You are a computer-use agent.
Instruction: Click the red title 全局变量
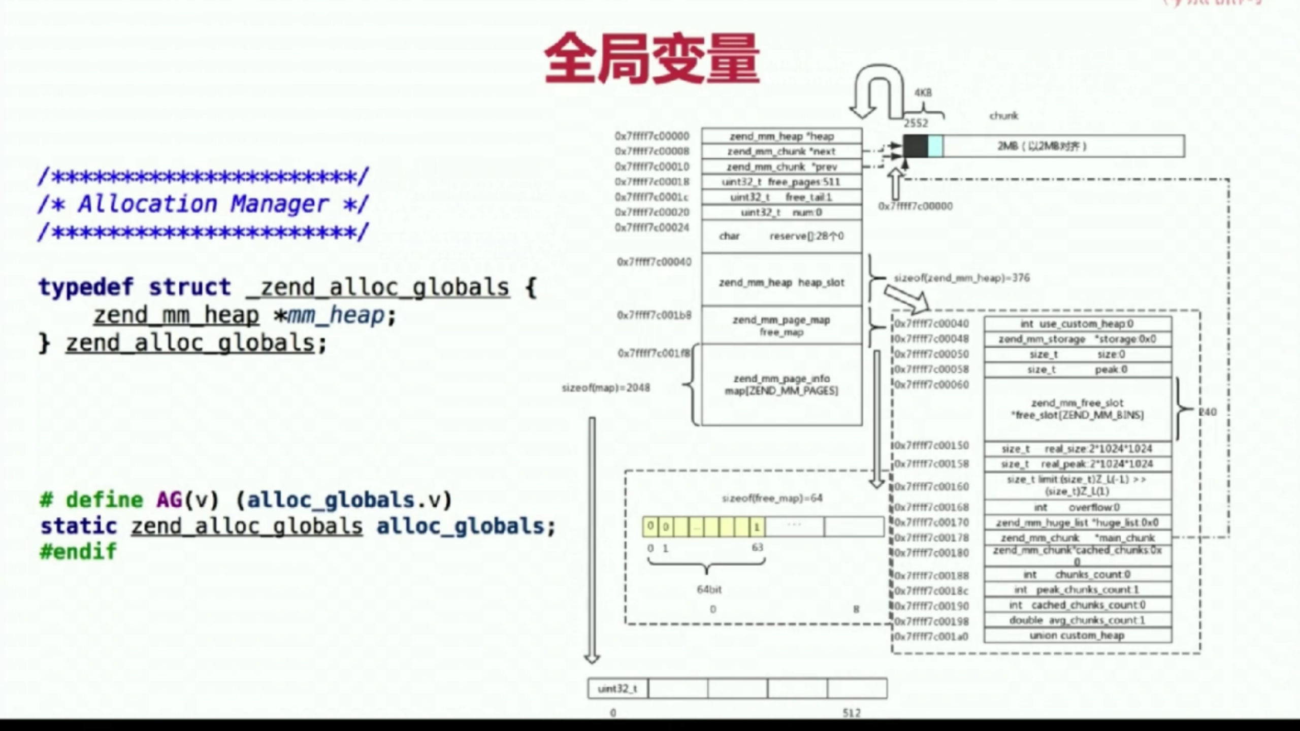(x=652, y=58)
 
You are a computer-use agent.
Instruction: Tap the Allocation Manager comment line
(x=203, y=204)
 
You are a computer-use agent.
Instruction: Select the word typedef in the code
(x=86, y=287)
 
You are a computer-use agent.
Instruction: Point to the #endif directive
(x=79, y=551)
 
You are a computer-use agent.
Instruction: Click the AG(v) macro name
(x=169, y=500)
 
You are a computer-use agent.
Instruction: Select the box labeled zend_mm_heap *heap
(x=782, y=136)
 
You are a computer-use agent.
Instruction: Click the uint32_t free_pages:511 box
(x=782, y=182)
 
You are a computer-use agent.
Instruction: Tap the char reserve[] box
(x=782, y=236)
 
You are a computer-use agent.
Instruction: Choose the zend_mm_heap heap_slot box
(x=782, y=282)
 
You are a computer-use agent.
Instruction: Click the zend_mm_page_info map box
(x=782, y=385)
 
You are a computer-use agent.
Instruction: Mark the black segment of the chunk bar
(x=916, y=146)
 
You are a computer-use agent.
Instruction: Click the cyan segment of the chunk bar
(x=935, y=146)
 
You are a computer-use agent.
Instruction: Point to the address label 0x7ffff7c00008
(x=652, y=151)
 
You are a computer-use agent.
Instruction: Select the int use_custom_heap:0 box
(x=1077, y=324)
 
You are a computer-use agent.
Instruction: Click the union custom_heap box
(x=1077, y=636)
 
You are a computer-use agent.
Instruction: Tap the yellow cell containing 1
(x=757, y=527)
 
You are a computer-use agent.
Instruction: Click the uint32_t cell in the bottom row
(x=617, y=689)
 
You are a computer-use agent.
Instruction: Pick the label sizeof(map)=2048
(x=606, y=388)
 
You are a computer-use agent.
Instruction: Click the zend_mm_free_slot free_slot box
(x=1077, y=409)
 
